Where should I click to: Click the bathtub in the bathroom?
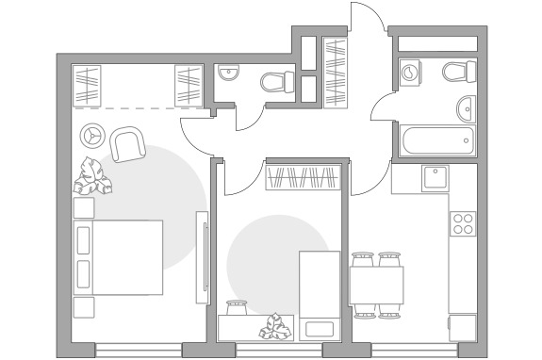pyautogui.click(x=435, y=142)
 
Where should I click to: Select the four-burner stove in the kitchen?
pyautogui.click(x=463, y=223)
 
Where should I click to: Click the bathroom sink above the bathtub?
pyautogui.click(x=466, y=107)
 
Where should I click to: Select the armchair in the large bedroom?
pyautogui.click(x=127, y=145)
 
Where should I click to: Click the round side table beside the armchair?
pyautogui.click(x=92, y=134)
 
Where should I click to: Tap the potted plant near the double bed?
pyautogui.click(x=94, y=176)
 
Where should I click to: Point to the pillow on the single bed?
pyautogui.click(x=319, y=328)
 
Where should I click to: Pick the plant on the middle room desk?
pyautogui.click(x=275, y=325)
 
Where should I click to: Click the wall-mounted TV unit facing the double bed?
pyautogui.click(x=201, y=257)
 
